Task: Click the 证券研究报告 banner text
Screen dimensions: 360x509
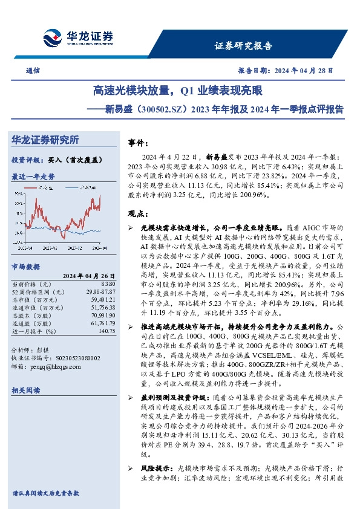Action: click(243, 46)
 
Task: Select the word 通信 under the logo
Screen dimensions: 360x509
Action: click(34, 70)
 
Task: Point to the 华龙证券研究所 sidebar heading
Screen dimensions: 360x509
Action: click(45, 140)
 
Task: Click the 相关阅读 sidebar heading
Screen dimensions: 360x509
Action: click(25, 391)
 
